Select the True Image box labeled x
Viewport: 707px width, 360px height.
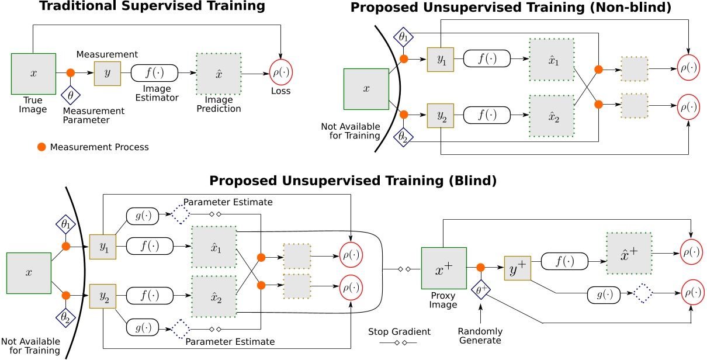point(33,73)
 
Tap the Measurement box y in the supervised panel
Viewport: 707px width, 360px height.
point(107,73)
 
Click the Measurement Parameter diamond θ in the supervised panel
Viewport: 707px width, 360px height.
point(71,94)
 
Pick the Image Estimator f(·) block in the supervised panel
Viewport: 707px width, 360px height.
point(154,73)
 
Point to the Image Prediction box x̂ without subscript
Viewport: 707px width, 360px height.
point(219,73)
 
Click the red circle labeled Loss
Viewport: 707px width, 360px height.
point(281,73)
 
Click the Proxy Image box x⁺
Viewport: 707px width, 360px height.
point(443,268)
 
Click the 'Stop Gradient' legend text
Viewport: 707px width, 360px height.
point(399,331)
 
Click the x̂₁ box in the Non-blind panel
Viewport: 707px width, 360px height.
point(552,60)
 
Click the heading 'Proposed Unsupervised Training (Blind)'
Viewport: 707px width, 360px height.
point(353,181)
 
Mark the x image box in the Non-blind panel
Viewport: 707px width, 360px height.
point(366,89)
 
